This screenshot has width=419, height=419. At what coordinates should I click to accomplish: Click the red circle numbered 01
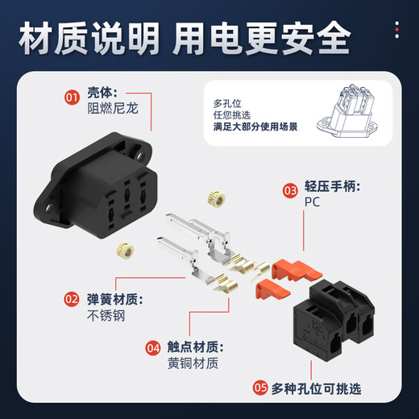click(72, 99)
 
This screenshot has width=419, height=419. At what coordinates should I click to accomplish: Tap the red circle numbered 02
click(72, 299)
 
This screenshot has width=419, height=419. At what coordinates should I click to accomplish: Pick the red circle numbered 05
click(260, 387)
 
